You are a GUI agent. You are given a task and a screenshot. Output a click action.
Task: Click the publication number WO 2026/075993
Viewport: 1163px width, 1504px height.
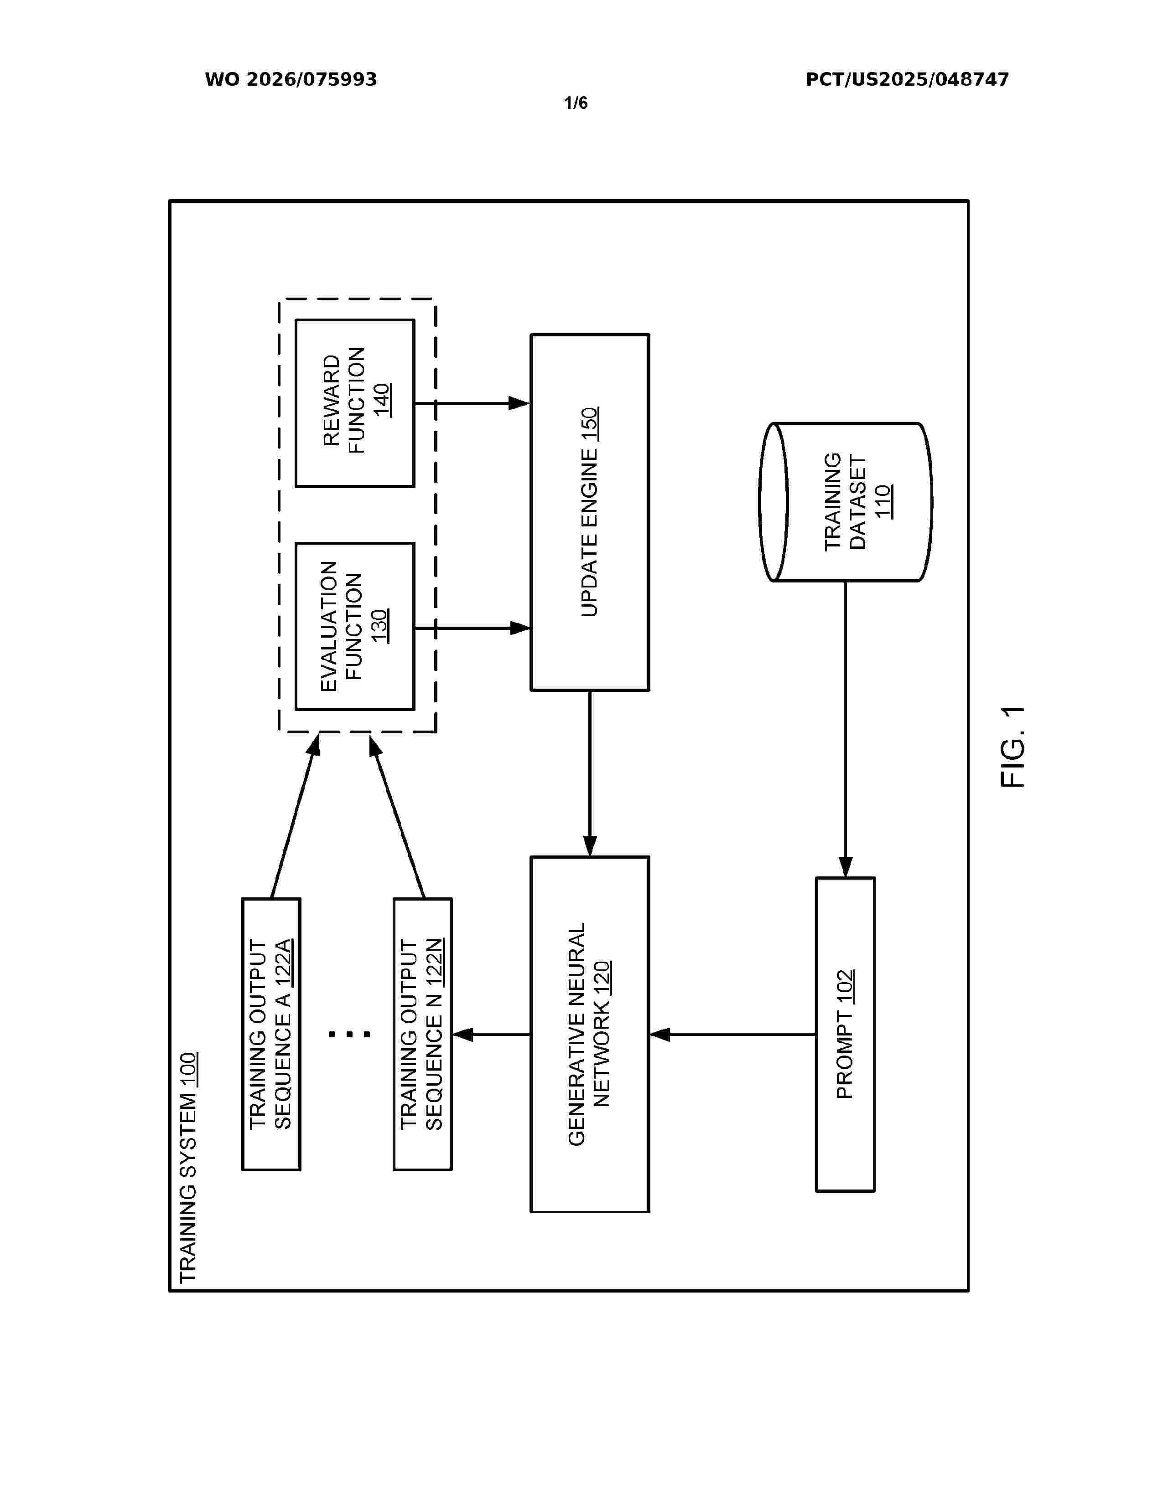(291, 80)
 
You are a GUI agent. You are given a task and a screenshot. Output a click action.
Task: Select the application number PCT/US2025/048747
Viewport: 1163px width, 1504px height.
(907, 80)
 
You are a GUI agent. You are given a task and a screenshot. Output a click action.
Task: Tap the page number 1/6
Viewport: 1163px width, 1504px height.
(575, 103)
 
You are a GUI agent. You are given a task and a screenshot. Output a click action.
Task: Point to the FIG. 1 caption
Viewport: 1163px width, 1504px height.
(1013, 747)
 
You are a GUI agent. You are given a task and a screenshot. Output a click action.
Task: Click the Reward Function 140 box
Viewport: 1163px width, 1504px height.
(355, 403)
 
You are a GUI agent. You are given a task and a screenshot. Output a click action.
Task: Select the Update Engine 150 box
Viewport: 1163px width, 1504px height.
(590, 512)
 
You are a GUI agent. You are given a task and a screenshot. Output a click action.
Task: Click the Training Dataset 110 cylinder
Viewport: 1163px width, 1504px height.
(846, 502)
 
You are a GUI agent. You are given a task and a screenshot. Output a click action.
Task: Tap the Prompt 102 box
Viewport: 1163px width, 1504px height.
(846, 1035)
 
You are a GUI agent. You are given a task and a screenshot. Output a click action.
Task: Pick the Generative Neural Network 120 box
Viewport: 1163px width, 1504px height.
(590, 1035)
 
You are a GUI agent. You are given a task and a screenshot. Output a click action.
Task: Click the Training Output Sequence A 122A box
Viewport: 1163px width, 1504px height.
(271, 1035)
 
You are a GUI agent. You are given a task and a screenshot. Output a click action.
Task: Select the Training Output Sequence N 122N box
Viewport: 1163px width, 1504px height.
(422, 1035)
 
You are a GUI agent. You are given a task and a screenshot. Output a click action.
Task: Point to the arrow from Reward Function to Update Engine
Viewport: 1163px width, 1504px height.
(472, 403)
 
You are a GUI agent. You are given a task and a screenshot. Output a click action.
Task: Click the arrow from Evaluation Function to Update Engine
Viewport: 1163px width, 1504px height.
(472, 628)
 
